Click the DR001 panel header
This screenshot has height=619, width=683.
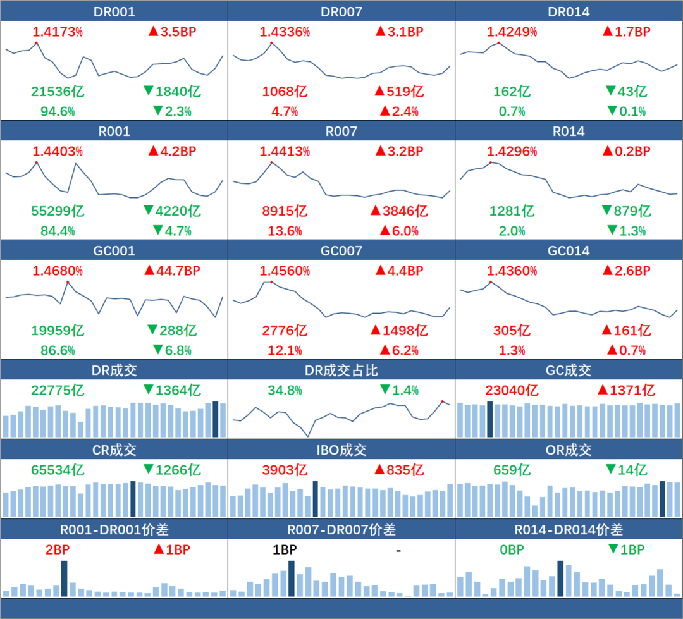(x=114, y=12)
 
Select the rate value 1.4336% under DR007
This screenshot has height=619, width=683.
(x=285, y=32)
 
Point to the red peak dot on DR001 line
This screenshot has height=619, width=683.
(x=36, y=43)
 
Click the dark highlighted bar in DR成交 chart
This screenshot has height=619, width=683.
(x=215, y=419)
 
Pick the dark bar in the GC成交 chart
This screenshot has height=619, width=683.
(x=489, y=419)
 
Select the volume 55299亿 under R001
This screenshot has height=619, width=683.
(x=58, y=211)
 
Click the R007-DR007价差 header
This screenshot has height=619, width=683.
(x=341, y=529)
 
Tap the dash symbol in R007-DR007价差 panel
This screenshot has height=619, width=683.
(x=398, y=551)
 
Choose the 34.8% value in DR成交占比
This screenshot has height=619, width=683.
(x=285, y=390)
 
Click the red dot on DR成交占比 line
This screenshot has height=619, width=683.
(x=442, y=401)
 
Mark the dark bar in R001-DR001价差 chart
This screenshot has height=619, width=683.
(x=65, y=579)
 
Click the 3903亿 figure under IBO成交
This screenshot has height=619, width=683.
(x=285, y=470)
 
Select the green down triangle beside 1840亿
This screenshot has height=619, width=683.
(x=149, y=90)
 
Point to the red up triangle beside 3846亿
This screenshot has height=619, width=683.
(x=376, y=211)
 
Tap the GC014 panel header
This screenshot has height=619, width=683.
(x=569, y=251)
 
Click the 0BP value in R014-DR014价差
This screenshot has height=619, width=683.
(x=512, y=549)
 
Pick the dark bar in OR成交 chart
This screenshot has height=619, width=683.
(x=662, y=499)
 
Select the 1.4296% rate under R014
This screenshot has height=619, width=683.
(x=512, y=152)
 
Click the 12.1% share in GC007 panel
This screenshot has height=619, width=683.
(x=285, y=351)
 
